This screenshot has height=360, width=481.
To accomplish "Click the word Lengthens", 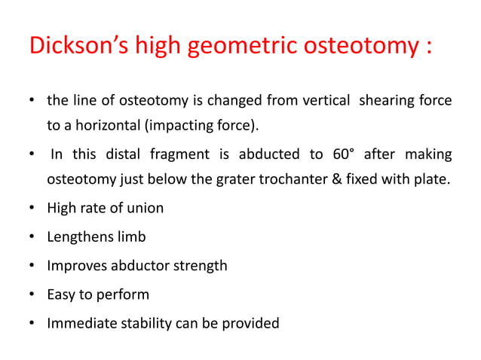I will click(78, 237).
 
